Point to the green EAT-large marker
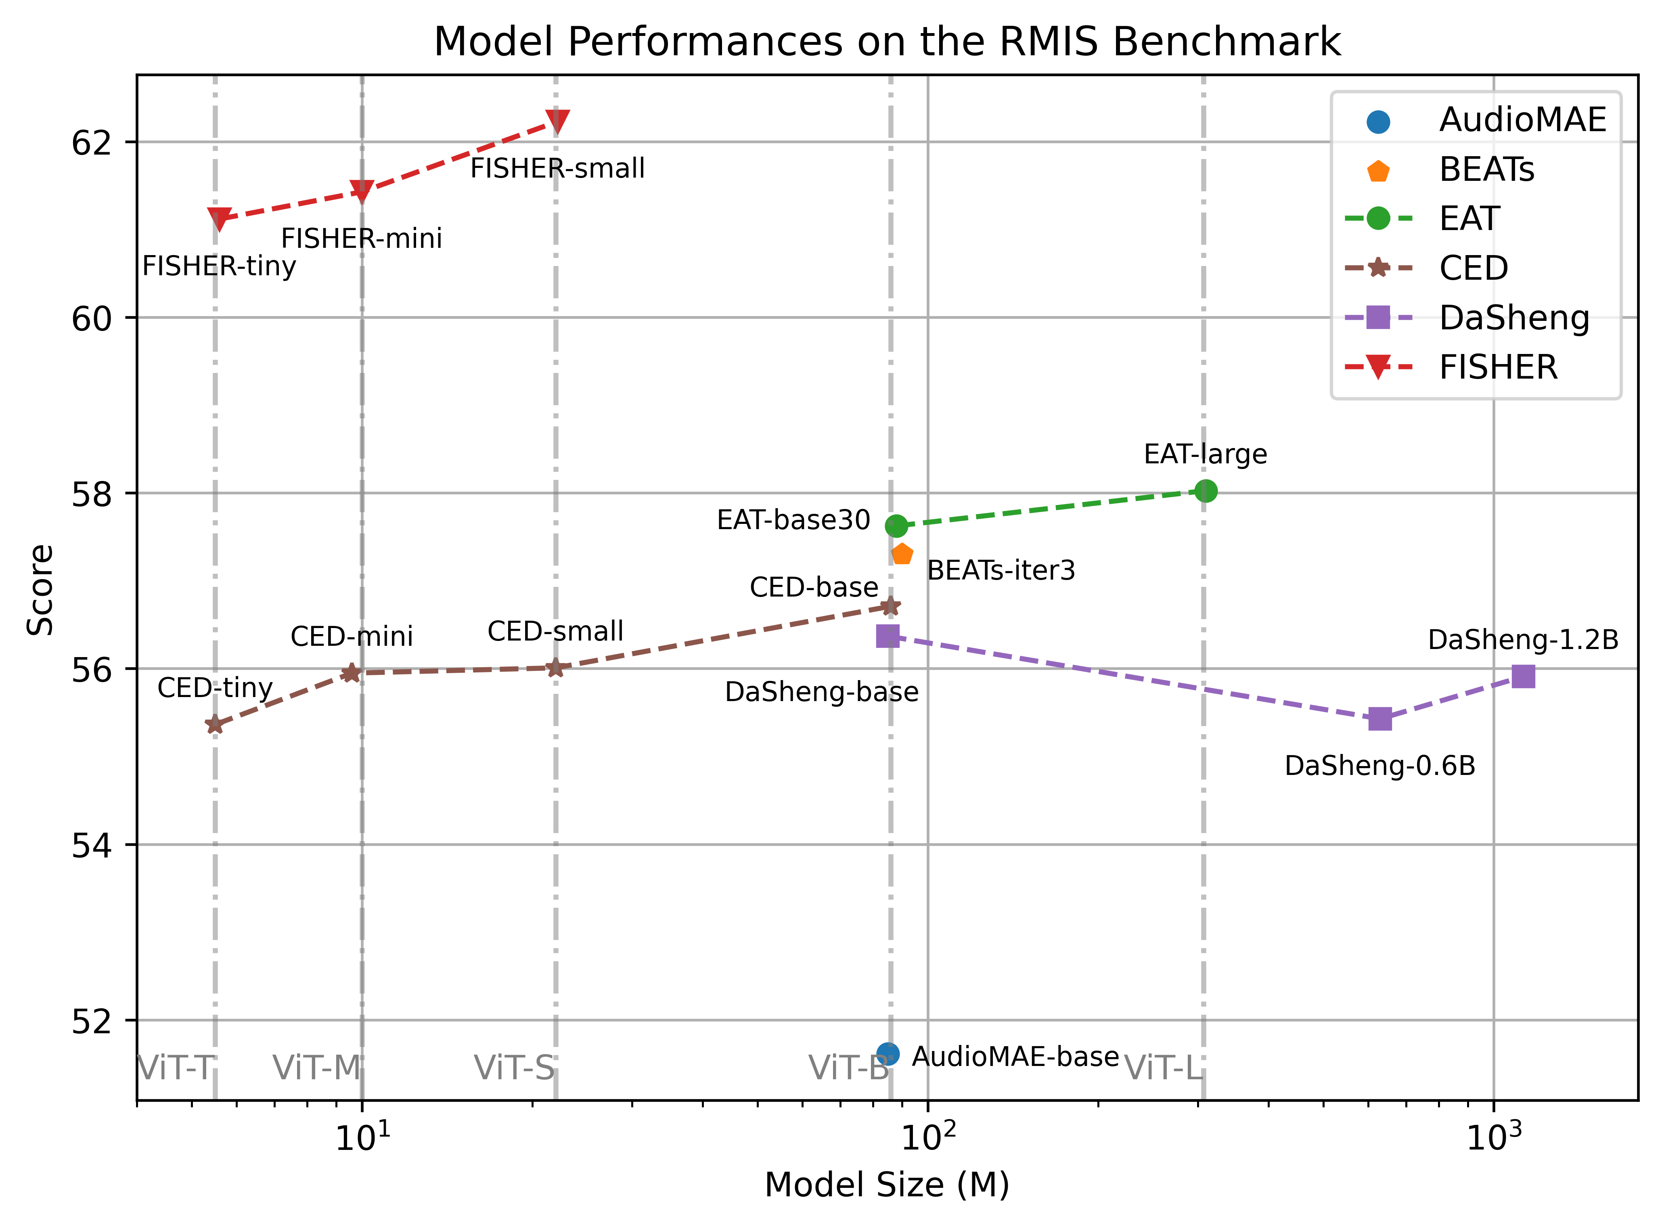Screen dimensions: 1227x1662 point(1206,491)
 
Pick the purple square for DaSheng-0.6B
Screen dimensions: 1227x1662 point(1380,719)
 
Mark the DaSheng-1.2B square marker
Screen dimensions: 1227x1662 point(1523,676)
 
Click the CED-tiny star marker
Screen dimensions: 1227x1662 point(215,724)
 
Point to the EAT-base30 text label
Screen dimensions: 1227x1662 point(793,520)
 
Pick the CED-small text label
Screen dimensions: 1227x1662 point(555,631)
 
